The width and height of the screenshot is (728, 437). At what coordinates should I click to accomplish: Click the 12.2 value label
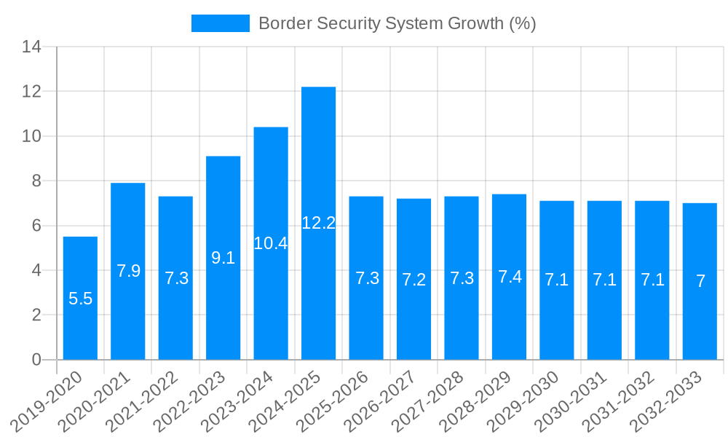(x=318, y=223)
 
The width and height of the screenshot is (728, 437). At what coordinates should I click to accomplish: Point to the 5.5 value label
(x=80, y=299)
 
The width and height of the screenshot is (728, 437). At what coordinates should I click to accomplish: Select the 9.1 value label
(x=223, y=257)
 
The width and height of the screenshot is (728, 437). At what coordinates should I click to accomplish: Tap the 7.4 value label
(x=510, y=277)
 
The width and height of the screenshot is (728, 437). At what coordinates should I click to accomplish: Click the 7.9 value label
(x=128, y=271)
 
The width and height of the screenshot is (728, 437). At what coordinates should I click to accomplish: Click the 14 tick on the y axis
(x=31, y=47)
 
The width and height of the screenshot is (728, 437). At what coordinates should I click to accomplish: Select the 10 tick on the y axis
(x=31, y=136)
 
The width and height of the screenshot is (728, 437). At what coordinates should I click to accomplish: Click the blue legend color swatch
(x=220, y=23)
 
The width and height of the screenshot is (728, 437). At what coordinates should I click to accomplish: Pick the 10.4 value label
(x=271, y=243)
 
